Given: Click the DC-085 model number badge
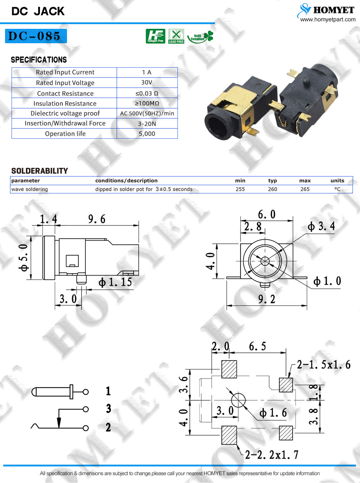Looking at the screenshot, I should pyautogui.click(x=36, y=36).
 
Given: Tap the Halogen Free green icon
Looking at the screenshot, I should pyautogui.click(x=155, y=36).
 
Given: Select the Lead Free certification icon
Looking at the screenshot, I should pyautogui.click(x=176, y=36).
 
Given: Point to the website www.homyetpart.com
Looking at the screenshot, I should pyautogui.click(x=328, y=19).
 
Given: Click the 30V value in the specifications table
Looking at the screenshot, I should pyautogui.click(x=147, y=82).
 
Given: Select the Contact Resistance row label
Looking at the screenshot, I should pyautogui.click(x=65, y=93).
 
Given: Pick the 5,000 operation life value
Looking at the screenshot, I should pyautogui.click(x=147, y=134).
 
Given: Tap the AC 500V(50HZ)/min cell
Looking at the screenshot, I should pyautogui.click(x=147, y=113).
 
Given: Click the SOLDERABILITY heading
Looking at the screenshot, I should pyautogui.click(x=40, y=171).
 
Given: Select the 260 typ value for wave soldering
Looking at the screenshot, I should pyautogui.click(x=273, y=189).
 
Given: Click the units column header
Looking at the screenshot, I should pyautogui.click(x=337, y=180).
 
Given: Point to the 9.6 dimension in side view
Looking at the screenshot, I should pyautogui.click(x=97, y=219).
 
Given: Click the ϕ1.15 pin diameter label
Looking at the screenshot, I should pyautogui.click(x=115, y=282).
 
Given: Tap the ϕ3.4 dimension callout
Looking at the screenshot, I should pyautogui.click(x=321, y=227).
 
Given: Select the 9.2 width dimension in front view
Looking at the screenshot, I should pyautogui.click(x=266, y=299).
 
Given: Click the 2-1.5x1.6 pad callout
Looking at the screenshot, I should pyautogui.click(x=323, y=365).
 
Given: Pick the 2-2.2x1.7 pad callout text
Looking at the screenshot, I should pyautogui.click(x=271, y=455).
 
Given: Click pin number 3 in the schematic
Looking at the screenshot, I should pyautogui.click(x=108, y=409).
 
